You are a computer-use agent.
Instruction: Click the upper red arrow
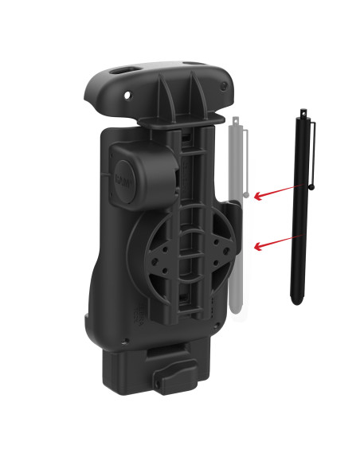pyautogui.click(x=278, y=192)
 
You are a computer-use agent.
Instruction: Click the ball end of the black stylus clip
pyautogui.click(x=312, y=187)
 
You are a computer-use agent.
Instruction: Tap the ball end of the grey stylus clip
pyautogui.click(x=247, y=193)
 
